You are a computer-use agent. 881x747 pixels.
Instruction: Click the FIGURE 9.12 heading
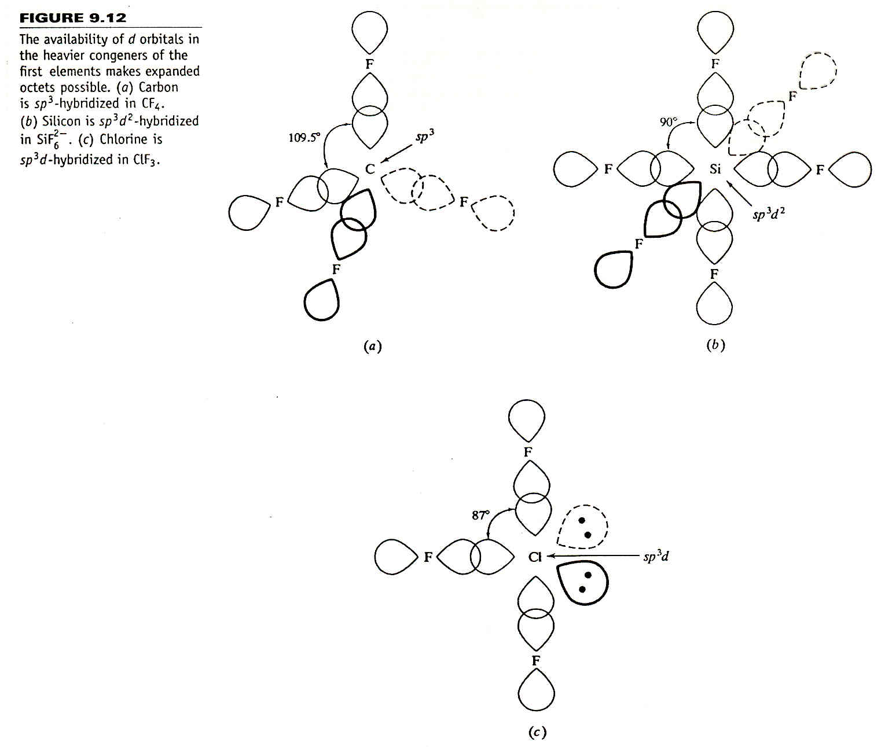pyautogui.click(x=73, y=18)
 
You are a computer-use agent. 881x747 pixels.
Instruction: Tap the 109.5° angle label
pyautogui.click(x=304, y=138)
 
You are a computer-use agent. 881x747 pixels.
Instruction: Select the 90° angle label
pyautogui.click(x=669, y=122)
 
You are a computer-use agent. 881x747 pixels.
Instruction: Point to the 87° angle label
pyautogui.click(x=481, y=516)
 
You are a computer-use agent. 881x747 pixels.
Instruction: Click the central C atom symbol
pyautogui.click(x=370, y=169)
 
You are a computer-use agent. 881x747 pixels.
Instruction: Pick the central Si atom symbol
pyautogui.click(x=715, y=169)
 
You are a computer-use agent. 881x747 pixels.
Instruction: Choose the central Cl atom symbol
pyautogui.click(x=535, y=557)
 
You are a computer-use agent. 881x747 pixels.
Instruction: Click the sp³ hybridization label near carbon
pyautogui.click(x=424, y=137)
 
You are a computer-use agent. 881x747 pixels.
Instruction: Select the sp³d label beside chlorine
pyautogui.click(x=656, y=557)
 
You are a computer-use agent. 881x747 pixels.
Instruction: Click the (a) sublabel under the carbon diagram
pyautogui.click(x=373, y=346)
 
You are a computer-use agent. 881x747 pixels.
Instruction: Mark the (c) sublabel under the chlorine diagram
pyautogui.click(x=537, y=732)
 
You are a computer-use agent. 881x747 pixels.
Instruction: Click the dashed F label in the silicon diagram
pyautogui.click(x=792, y=96)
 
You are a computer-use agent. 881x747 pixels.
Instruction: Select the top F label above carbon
pyautogui.click(x=370, y=64)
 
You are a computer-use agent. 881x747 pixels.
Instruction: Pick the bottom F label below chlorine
pyautogui.click(x=536, y=661)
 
